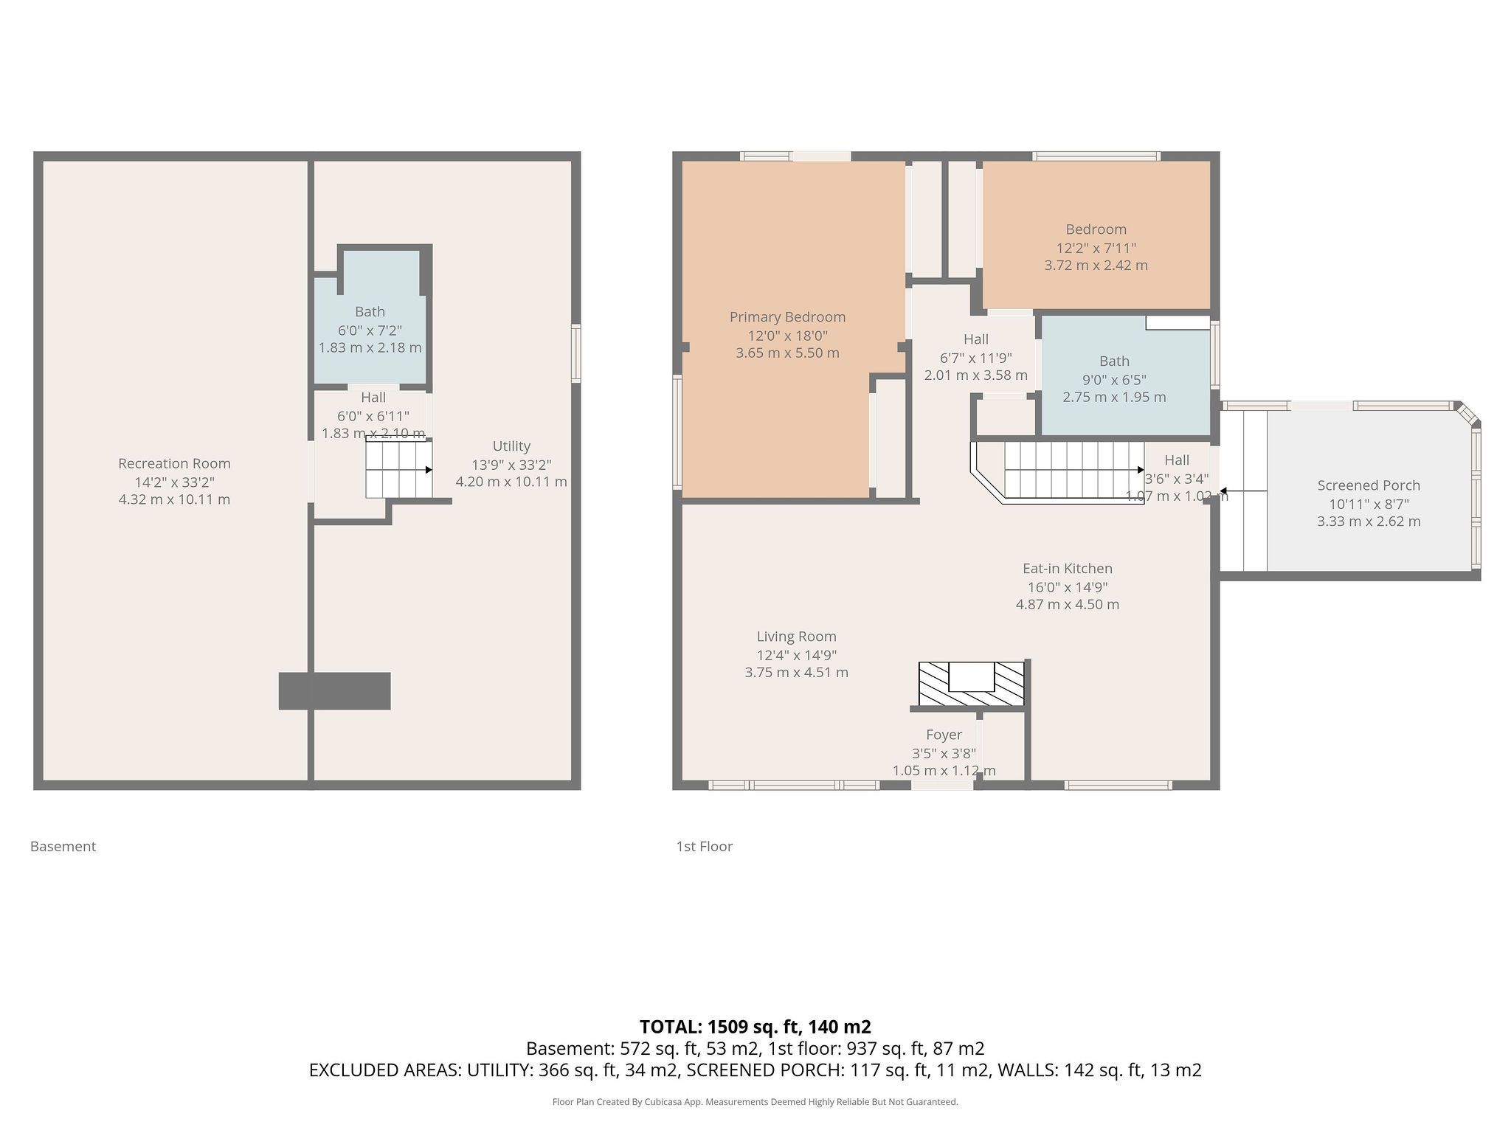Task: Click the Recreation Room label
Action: click(x=174, y=463)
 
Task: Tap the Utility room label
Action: click(x=511, y=446)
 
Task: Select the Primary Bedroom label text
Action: click(x=787, y=317)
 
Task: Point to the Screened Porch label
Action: click(x=1369, y=485)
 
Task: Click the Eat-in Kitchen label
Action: click(x=1067, y=569)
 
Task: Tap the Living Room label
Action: click(x=796, y=637)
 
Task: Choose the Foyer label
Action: click(x=944, y=735)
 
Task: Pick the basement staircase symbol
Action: click(x=399, y=469)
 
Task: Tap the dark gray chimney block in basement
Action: click(x=334, y=690)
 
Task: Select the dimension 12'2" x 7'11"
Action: click(x=1096, y=249)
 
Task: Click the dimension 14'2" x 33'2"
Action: click(x=174, y=482)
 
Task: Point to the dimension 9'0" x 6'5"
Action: click(x=1114, y=380)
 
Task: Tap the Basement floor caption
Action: click(x=63, y=847)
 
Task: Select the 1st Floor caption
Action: click(x=704, y=847)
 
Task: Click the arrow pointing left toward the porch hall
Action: click(x=1243, y=491)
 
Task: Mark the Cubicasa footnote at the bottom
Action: click(x=755, y=1102)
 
